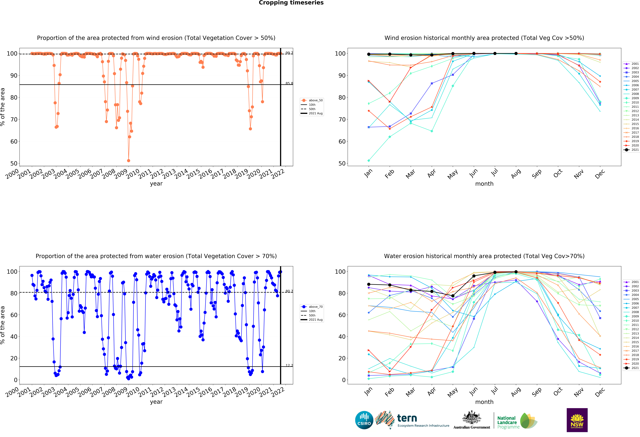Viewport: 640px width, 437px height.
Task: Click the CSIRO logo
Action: tap(364, 420)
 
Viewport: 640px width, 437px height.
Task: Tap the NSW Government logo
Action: tap(577, 420)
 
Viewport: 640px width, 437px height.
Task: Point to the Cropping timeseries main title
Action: tap(291, 3)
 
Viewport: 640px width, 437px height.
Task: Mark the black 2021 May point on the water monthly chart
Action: tap(453, 296)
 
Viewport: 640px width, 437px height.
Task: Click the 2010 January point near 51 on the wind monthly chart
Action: tap(369, 161)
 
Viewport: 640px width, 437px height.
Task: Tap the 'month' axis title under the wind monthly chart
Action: tap(484, 184)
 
